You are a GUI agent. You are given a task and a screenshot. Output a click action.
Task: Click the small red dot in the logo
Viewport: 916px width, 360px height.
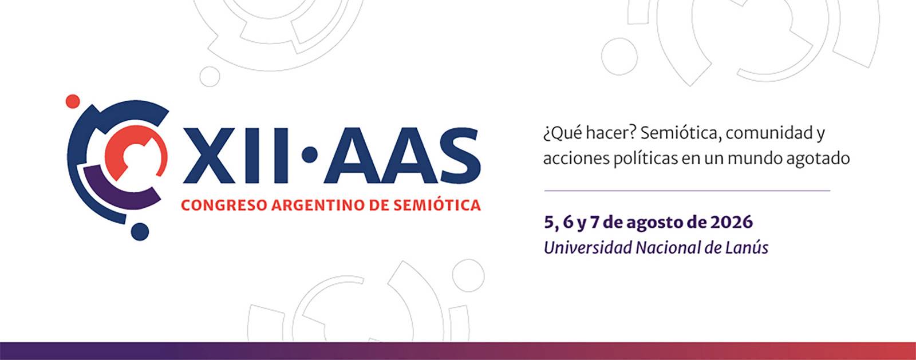tap(73, 101)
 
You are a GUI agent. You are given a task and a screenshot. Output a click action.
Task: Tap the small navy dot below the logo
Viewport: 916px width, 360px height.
tap(140, 232)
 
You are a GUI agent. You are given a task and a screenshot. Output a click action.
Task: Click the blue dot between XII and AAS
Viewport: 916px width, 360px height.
tap(310, 155)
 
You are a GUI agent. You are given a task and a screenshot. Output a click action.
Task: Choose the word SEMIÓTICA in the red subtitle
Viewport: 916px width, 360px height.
tap(437, 205)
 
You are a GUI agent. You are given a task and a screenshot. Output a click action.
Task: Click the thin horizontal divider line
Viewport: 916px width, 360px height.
tap(687, 191)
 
